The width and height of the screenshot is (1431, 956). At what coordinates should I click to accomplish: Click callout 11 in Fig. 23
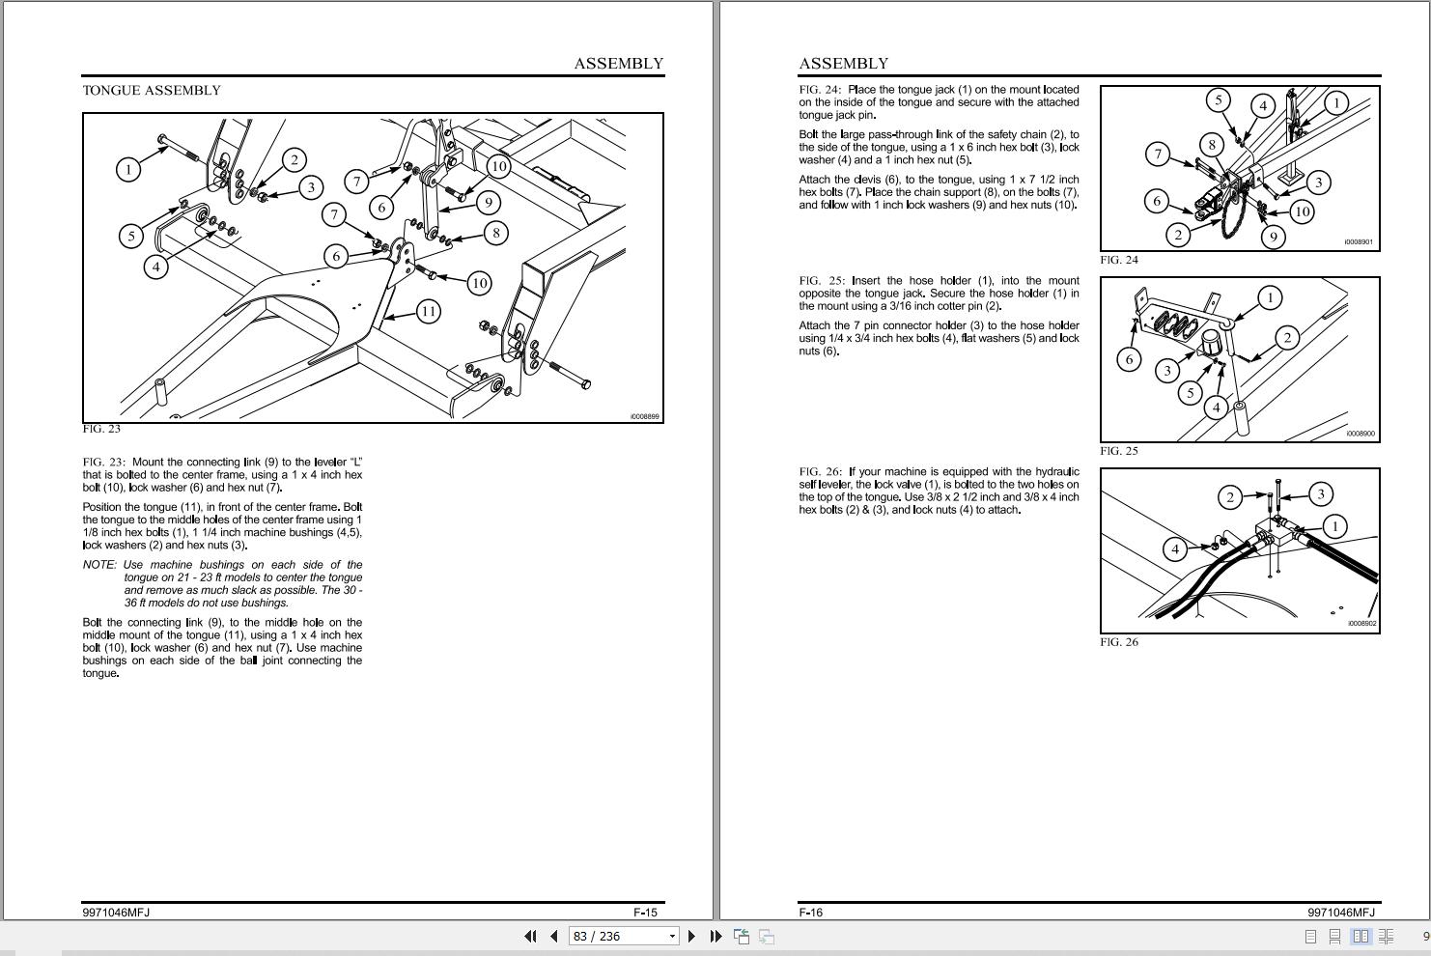429,312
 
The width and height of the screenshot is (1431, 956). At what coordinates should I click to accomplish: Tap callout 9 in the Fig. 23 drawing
489,203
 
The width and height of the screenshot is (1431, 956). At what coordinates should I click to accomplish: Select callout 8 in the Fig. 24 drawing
1212,145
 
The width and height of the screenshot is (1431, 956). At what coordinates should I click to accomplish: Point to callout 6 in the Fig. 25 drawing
1129,360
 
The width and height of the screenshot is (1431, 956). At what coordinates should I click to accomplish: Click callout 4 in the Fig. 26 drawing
1175,548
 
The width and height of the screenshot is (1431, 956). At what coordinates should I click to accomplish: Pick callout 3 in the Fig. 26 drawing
1321,494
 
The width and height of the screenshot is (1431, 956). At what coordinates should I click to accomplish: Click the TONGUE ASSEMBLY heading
152,91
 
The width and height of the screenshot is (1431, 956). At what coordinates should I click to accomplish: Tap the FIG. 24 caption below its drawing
1119,260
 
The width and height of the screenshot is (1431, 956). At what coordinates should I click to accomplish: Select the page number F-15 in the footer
645,913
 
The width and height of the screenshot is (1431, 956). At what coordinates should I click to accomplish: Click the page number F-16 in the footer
811,913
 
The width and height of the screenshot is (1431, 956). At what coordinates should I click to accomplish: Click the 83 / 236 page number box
623,936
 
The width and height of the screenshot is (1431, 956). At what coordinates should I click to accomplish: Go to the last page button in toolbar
716,936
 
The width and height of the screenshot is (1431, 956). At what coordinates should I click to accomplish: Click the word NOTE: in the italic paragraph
99,565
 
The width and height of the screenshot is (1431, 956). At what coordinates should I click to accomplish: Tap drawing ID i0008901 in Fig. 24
1359,242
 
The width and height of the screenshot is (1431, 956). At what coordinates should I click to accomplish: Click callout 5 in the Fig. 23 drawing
131,237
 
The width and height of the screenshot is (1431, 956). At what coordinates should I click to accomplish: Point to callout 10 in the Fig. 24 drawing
1303,211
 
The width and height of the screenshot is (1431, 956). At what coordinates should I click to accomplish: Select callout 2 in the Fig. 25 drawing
1287,338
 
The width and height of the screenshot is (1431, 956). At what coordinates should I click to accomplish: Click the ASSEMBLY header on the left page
618,64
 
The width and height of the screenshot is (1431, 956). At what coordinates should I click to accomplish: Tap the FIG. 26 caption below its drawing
1119,642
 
